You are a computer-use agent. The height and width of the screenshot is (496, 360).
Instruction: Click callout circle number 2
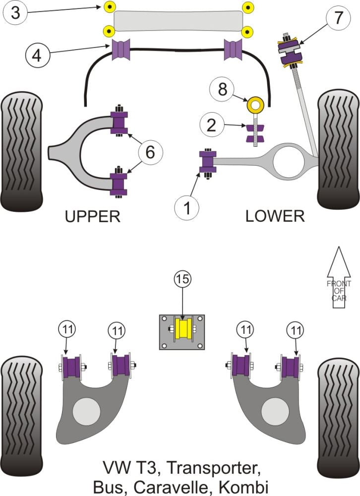tap(212, 126)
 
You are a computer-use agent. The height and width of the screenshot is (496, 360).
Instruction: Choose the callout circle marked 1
tap(187, 208)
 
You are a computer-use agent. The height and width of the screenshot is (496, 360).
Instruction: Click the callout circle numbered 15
tap(182, 279)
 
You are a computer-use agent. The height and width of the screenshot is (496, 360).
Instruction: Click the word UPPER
tap(93, 216)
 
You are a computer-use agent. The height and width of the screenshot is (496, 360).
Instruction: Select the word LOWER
tap(274, 216)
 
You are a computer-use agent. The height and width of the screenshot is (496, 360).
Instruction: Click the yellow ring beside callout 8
tap(256, 105)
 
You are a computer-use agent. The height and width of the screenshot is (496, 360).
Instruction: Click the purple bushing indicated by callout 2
tap(256, 133)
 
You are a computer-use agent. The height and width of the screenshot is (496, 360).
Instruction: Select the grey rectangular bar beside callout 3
tap(178, 21)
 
